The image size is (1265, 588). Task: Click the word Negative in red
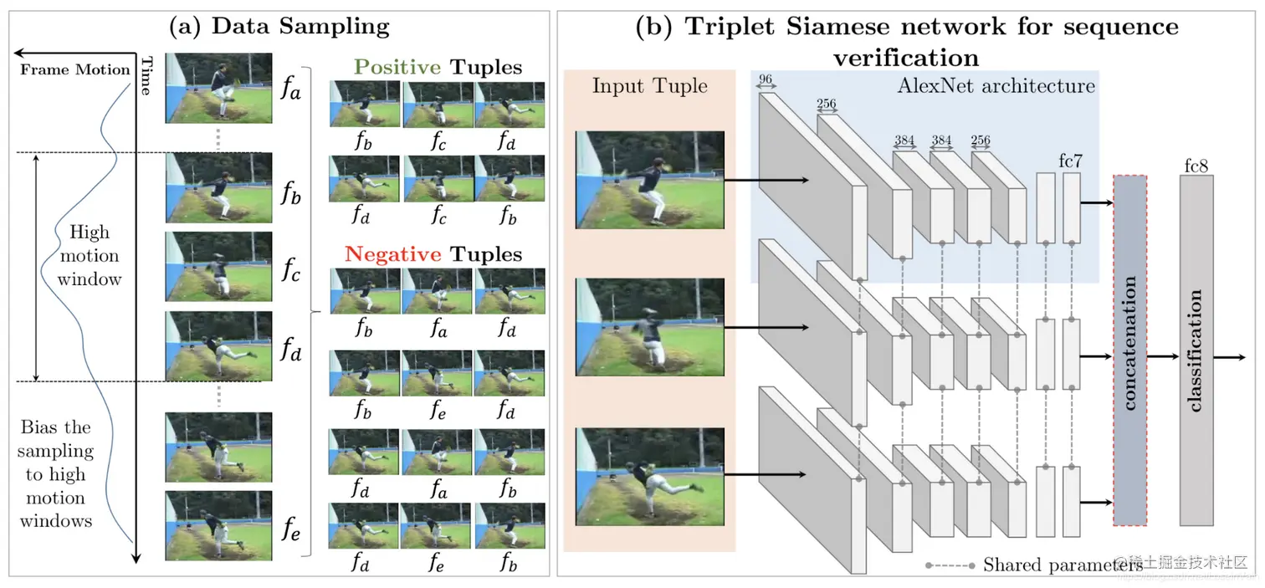point(392,253)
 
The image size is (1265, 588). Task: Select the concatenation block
point(1129,350)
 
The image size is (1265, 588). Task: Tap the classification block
point(1196,350)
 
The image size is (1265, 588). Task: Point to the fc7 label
point(1072,160)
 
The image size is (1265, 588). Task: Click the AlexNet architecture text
point(996,85)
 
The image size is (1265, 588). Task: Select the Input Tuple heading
point(649,85)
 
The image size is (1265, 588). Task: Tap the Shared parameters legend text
point(1063,565)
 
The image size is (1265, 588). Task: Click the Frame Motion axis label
point(74,69)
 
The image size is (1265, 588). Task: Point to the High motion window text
point(89,255)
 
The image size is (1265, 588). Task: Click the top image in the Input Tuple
point(649,179)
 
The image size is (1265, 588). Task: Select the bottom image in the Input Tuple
point(649,476)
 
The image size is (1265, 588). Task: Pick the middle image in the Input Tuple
point(649,327)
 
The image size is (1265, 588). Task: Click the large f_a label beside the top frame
point(290,89)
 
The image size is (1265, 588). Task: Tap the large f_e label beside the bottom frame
point(290,529)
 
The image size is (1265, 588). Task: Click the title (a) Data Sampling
point(279,26)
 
